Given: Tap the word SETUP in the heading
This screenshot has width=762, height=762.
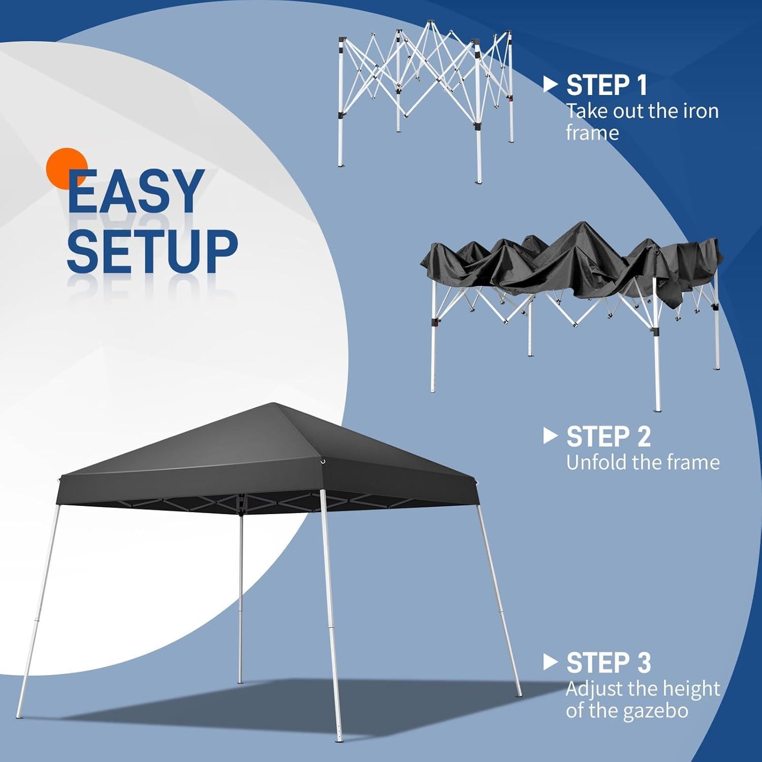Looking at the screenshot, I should coord(152,250).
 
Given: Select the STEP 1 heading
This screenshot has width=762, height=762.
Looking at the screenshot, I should coord(607,85).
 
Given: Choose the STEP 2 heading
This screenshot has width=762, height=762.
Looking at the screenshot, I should coord(608,436).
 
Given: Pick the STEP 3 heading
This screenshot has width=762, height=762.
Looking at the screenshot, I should coord(608,663).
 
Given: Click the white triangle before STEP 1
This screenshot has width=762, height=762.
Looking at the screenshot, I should coord(550,85).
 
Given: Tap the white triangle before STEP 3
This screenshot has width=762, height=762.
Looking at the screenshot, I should coord(550,662).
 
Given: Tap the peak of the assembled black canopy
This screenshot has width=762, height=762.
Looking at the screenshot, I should coord(274,404).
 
